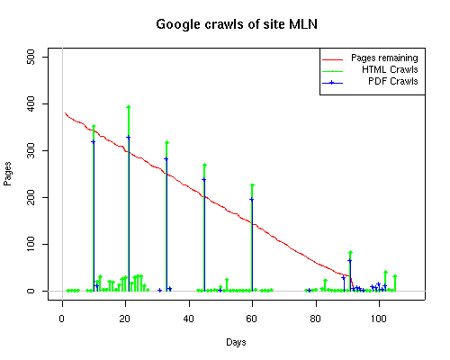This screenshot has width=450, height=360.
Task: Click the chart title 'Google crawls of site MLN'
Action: tap(237, 24)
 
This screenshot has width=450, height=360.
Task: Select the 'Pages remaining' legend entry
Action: tap(370, 58)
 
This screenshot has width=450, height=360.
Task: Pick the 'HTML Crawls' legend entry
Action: tap(370, 70)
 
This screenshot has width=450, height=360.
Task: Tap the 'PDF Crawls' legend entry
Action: tap(370, 82)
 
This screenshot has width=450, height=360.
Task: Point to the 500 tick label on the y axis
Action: tap(31, 57)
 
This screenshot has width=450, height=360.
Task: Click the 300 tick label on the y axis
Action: tap(31, 150)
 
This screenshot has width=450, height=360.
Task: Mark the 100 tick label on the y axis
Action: tap(31, 244)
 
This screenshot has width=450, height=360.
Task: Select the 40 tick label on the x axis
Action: tap(189, 319)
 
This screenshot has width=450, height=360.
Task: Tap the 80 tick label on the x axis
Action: tap(316, 319)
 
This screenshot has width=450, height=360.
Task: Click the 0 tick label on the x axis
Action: tap(62, 319)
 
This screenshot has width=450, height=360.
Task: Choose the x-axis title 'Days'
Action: tap(236, 342)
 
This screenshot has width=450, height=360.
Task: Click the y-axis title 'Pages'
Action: tap(7, 174)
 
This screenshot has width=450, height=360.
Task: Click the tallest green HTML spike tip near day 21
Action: tap(129, 107)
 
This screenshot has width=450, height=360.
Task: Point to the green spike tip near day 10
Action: tap(94, 126)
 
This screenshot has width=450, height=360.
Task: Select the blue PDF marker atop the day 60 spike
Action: tap(251, 199)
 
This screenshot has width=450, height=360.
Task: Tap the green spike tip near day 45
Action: tap(205, 165)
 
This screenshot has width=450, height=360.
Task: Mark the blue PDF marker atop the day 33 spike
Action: tap(166, 159)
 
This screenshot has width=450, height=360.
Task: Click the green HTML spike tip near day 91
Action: tap(351, 252)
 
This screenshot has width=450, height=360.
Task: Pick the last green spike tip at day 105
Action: tap(395, 276)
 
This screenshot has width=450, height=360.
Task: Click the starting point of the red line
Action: tap(65, 112)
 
